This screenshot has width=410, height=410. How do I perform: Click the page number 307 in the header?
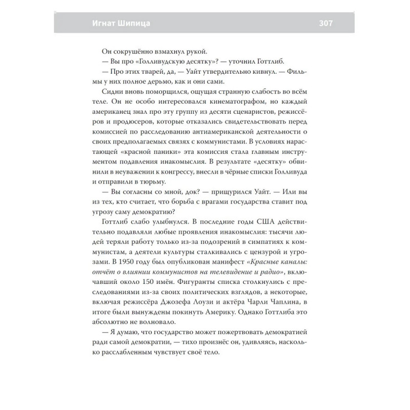[x=326, y=24]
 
